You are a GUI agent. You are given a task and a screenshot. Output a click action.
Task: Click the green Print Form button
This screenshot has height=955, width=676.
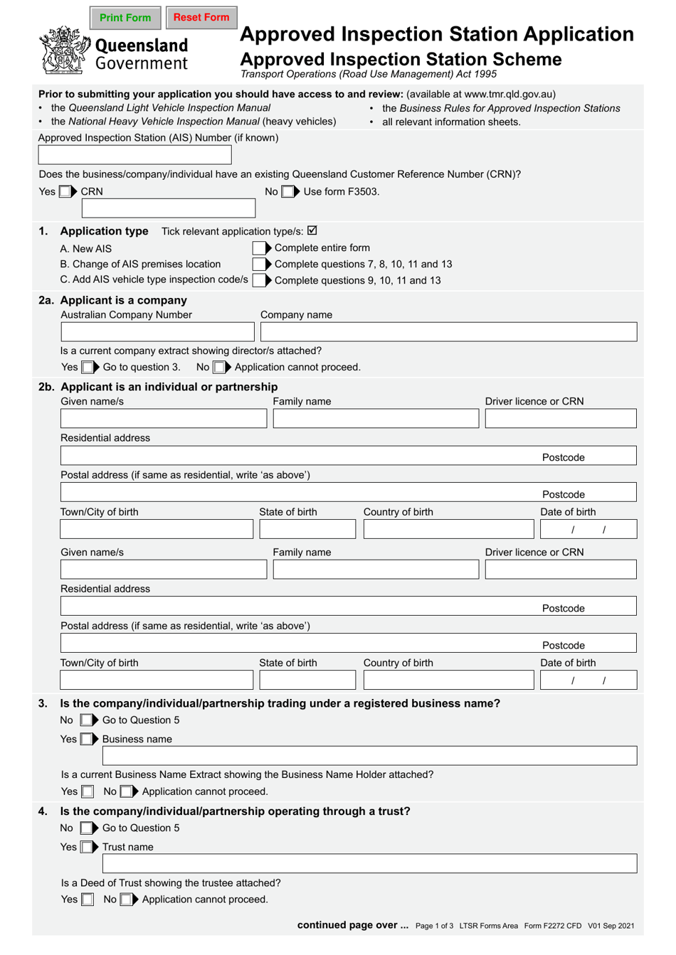125,18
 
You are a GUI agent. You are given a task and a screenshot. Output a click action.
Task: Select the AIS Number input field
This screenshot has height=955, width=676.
134,155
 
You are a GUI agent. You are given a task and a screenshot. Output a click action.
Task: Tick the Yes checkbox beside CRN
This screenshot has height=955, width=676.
65,191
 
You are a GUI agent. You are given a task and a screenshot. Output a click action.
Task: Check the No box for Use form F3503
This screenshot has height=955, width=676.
287,191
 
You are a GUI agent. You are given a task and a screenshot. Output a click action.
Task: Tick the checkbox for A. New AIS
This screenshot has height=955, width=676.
259,248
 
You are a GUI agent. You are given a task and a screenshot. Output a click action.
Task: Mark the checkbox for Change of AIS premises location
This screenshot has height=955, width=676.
259,264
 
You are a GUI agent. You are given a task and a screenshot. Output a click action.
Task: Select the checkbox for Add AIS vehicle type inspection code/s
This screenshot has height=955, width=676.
259,280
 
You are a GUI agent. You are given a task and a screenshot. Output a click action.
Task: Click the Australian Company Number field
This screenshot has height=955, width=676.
157,332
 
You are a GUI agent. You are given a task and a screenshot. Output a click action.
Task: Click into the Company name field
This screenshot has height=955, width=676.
448,332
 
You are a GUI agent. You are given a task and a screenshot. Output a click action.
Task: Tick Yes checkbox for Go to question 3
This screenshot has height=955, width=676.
88,368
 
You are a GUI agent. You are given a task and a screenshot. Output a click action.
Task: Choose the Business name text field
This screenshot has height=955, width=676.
369,756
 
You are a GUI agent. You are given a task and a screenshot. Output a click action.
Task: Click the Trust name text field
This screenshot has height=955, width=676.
369,864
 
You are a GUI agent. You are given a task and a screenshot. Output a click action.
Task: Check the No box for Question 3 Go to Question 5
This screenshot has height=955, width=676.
86,720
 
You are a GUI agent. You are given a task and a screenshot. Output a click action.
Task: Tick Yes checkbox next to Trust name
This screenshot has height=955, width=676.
87,847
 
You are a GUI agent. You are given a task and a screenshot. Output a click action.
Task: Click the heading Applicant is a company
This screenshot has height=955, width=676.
123,301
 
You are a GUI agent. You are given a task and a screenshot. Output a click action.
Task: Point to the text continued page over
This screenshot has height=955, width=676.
352,925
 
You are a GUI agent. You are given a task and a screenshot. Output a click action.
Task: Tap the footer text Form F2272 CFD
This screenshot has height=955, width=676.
552,926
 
